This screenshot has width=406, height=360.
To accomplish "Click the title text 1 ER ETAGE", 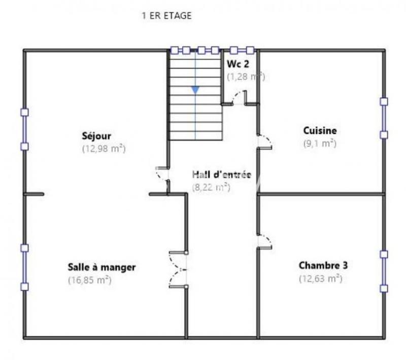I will pos(166,16).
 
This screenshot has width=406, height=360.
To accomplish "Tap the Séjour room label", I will pos(96,136).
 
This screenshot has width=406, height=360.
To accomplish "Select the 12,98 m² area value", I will pos(104,149).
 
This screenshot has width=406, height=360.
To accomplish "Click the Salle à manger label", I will pos(101,267).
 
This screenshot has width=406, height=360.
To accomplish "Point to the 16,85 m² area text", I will pos(90,280).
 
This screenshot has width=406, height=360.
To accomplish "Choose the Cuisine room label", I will pos(320,131).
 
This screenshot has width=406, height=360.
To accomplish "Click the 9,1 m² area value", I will pos(320,143).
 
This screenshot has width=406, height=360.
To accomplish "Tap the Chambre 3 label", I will pos(319,265).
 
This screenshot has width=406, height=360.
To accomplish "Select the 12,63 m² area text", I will pos(320,278).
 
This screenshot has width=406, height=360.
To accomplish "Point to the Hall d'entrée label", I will pos(221,175).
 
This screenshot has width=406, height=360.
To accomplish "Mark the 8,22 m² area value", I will pos(211,187).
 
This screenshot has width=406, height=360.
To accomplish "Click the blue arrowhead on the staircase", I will pos(195,90).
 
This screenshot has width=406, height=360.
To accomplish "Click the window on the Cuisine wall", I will pos(384,118).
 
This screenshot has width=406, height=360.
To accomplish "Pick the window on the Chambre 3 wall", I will pos(384,271).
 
